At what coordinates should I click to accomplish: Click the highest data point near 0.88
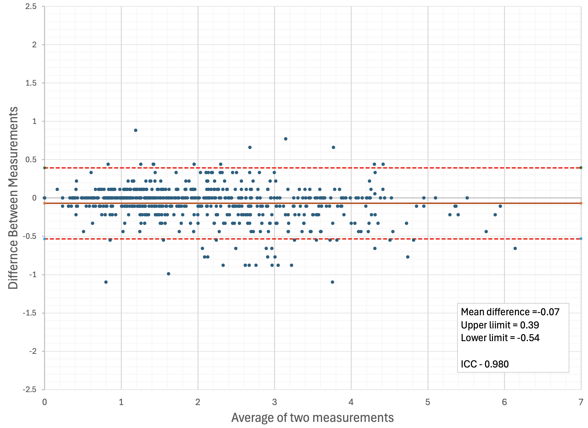click(x=136, y=130)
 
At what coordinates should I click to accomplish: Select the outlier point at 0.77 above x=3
click(x=286, y=139)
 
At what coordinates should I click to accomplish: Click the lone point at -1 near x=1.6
click(x=169, y=274)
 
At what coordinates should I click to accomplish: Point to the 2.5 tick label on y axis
click(x=31, y=7)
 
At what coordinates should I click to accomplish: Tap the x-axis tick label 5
click(x=428, y=402)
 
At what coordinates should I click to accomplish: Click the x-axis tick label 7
click(x=581, y=402)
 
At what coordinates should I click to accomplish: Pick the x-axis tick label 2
click(x=198, y=402)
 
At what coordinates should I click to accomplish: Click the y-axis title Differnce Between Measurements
click(x=13, y=198)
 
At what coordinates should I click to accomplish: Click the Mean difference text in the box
click(x=510, y=312)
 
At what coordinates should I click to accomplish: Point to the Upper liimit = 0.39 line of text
click(x=500, y=325)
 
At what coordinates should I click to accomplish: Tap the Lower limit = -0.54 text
click(x=500, y=338)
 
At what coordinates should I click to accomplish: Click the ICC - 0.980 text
click(x=484, y=364)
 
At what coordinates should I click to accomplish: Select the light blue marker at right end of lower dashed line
click(x=581, y=239)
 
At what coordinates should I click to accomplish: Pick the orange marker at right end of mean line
click(x=581, y=203)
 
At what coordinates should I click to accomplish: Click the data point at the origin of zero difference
click(x=45, y=198)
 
